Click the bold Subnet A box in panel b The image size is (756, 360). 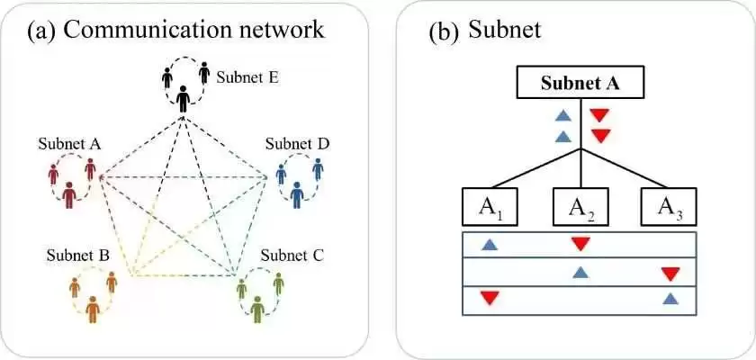(580, 84)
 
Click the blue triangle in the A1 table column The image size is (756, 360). (489, 245)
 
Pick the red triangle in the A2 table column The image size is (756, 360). (580, 244)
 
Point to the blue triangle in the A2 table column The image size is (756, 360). (580, 271)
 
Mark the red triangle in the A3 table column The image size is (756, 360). (670, 274)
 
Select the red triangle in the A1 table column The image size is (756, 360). (489, 298)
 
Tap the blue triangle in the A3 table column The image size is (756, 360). (670, 298)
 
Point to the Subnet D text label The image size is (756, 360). (297, 144)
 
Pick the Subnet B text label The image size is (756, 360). (78, 256)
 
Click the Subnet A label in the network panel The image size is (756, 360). (69, 144)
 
